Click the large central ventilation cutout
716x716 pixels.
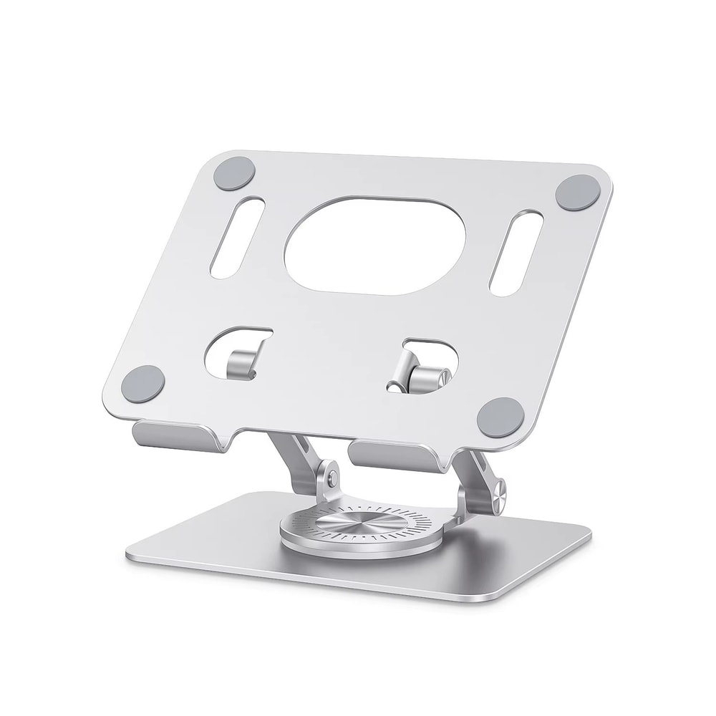coord(375,244)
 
